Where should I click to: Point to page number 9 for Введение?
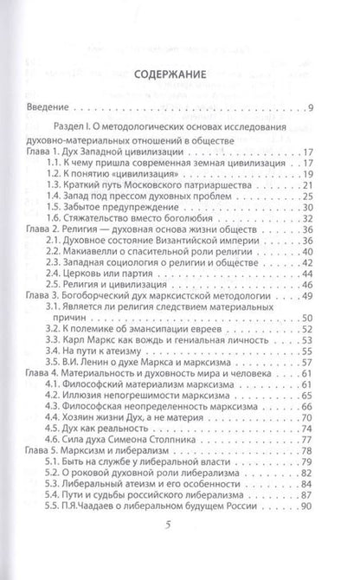pyautogui.click(x=325, y=109)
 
